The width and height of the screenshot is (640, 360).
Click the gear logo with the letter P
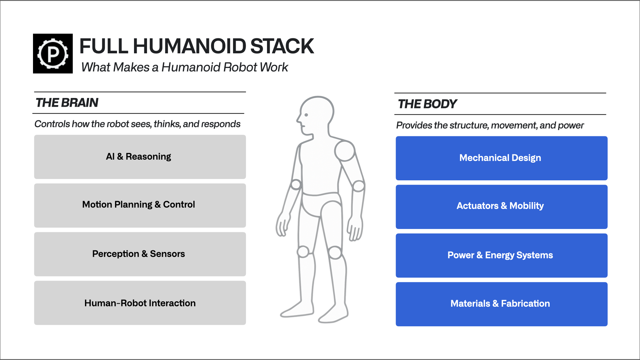coord(53,53)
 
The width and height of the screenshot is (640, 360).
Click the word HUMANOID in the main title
coord(189,46)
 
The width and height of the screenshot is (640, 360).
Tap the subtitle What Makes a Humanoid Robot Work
coord(184,67)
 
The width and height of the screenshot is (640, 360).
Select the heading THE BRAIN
coord(67,103)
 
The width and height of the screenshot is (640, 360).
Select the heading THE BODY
coord(427,104)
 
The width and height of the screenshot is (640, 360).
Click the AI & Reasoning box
coord(140,157)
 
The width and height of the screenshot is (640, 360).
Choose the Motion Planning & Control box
coord(140,205)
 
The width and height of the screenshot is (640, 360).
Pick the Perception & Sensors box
coord(140,254)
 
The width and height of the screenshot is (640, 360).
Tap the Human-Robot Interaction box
coord(140,303)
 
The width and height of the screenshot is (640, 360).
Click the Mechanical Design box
coord(501,158)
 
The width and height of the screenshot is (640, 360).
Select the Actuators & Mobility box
coord(501,207)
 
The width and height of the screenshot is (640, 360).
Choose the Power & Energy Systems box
coord(501,255)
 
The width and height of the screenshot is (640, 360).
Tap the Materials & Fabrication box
coord(501,304)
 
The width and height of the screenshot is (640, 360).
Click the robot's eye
coord(306,115)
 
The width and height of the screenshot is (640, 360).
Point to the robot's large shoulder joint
coord(345,151)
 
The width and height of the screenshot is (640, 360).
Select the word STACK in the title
coord(282,46)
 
